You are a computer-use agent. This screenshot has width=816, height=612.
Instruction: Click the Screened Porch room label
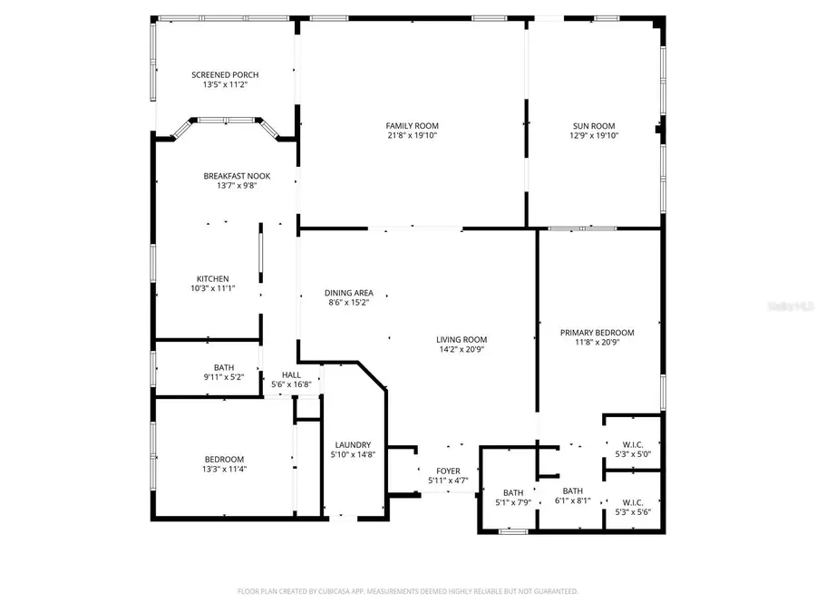pyautogui.click(x=225, y=74)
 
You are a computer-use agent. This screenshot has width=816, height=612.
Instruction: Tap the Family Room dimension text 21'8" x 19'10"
pyautogui.click(x=412, y=136)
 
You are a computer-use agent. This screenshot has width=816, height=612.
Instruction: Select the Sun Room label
pyautogui.click(x=594, y=126)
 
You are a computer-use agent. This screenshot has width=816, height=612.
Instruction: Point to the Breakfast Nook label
pyautogui.click(x=237, y=176)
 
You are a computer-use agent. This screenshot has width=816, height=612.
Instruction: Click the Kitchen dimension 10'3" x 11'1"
pyautogui.click(x=212, y=289)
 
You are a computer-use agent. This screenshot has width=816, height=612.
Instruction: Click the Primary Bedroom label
pyautogui.click(x=597, y=333)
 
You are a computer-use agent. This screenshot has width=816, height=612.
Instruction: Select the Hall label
pyautogui.click(x=291, y=374)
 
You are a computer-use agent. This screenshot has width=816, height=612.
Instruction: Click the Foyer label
pyautogui.click(x=448, y=471)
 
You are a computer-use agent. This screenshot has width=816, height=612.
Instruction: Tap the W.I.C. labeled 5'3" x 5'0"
pyautogui.click(x=633, y=444)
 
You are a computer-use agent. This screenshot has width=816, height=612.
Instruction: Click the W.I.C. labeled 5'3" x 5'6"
pyautogui.click(x=633, y=501)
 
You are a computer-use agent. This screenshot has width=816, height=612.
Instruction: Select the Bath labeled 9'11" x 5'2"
pyautogui.click(x=224, y=367)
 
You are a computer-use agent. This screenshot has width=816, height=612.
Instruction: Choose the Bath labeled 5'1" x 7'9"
pyautogui.click(x=513, y=492)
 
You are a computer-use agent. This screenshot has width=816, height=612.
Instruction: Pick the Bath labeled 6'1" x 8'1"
pyautogui.click(x=572, y=491)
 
